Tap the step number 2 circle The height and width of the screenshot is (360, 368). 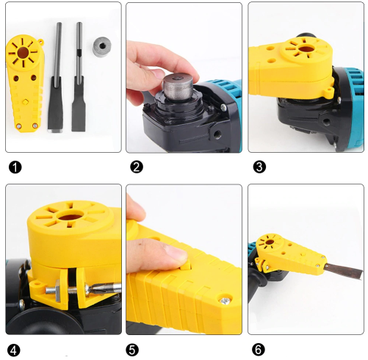click(135, 166)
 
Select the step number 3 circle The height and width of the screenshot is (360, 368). click(258, 166)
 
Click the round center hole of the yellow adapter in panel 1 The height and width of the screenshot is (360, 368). click(25, 53)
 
